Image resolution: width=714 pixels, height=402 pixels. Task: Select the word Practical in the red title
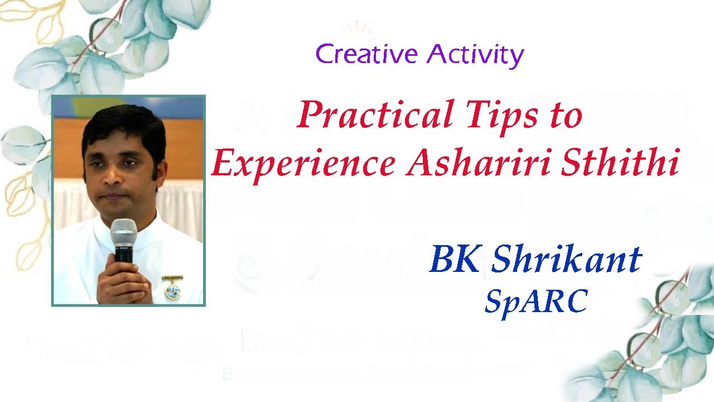(375, 116)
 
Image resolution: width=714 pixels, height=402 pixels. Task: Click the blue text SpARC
(535, 301)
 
